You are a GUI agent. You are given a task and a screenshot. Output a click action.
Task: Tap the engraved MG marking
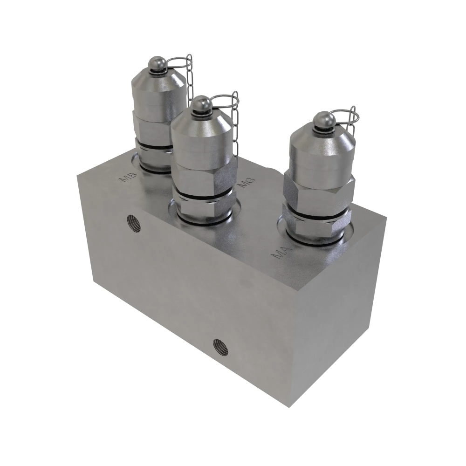(x=247, y=182)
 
